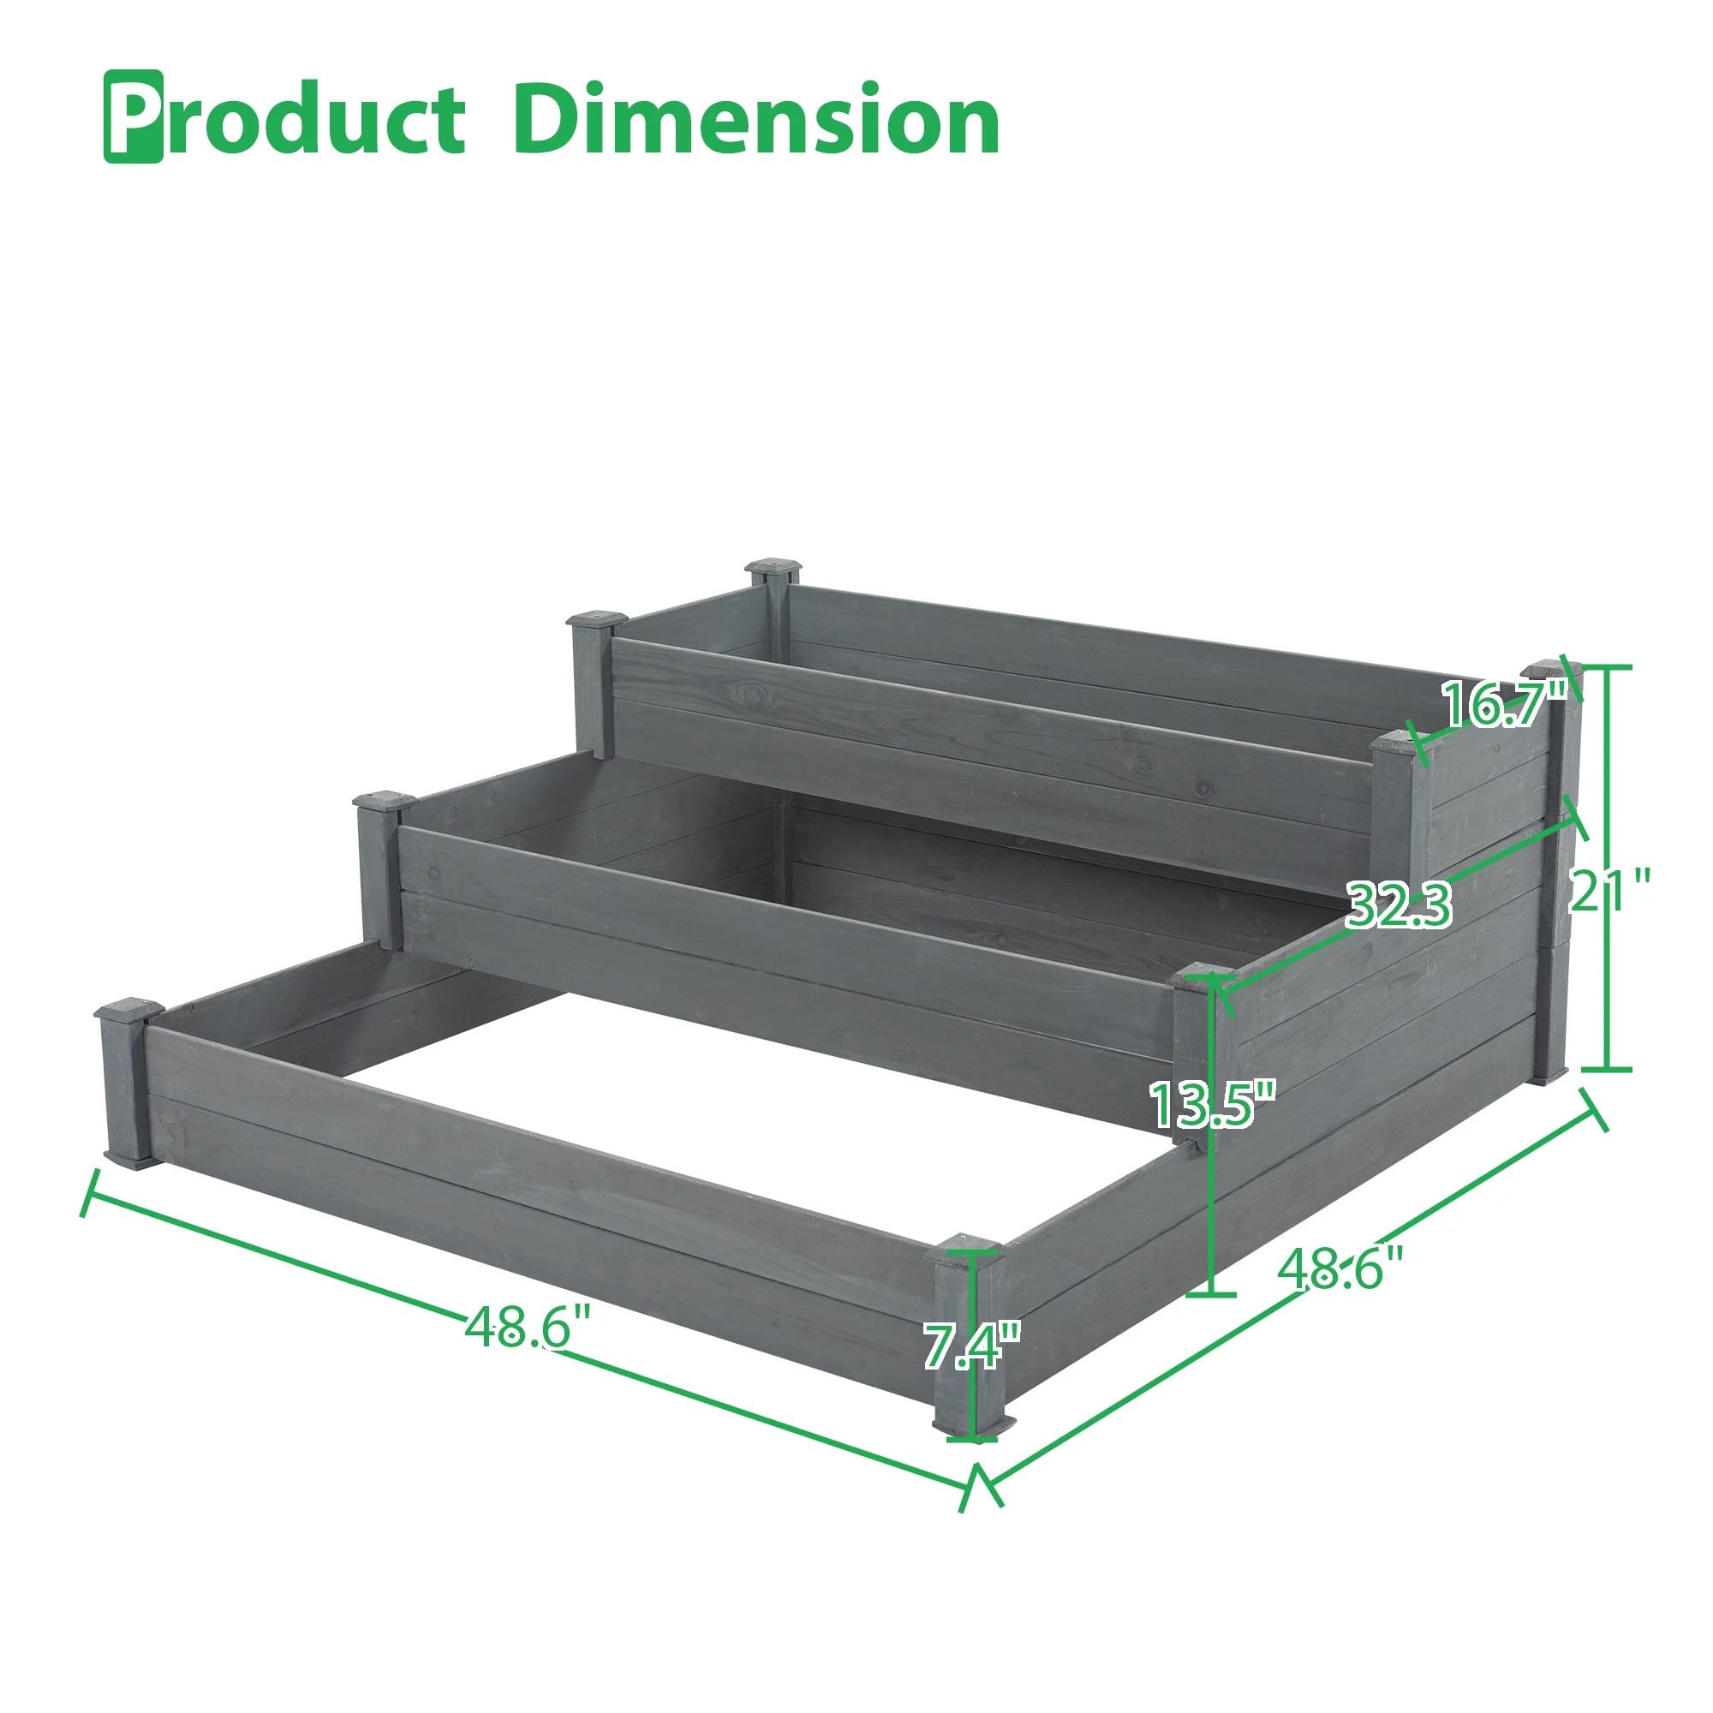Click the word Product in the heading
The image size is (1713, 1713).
click(285, 118)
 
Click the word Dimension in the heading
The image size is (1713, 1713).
click(755, 118)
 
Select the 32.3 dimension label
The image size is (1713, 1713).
click(1400, 905)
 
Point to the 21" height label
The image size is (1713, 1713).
click(1610, 890)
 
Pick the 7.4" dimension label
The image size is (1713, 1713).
click(972, 1345)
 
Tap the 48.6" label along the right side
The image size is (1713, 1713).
click(1340, 1268)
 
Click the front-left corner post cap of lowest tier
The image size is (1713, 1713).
click(129, 1009)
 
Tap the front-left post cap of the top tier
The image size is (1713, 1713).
click(598, 618)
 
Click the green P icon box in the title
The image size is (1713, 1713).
click(134, 116)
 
